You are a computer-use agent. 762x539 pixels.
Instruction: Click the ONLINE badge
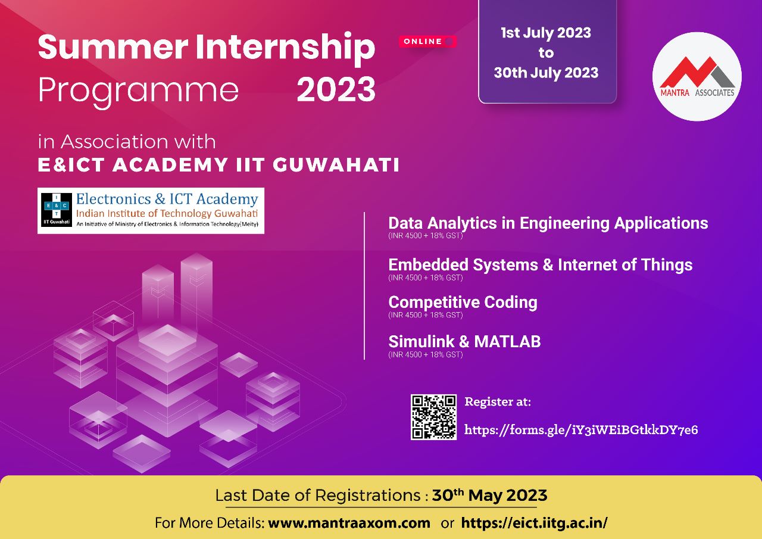coord(427,42)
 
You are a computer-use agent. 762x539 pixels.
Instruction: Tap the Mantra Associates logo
coord(697,77)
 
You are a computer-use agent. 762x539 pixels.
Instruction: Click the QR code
coord(433,417)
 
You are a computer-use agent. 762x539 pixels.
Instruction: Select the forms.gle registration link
coord(581,430)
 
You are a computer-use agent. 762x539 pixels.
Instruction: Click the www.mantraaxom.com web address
coord(349,523)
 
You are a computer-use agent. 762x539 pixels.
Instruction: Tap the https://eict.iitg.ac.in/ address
coord(534,523)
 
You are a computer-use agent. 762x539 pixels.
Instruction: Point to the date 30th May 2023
coord(489,496)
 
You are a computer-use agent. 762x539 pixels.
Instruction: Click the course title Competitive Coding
coord(463,302)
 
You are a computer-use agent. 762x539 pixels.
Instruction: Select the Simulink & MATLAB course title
coord(464,341)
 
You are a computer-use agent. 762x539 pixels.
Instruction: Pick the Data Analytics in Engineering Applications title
coord(548,223)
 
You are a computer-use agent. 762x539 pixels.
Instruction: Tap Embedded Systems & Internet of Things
coord(540,265)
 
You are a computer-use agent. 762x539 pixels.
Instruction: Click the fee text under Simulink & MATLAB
coord(425,354)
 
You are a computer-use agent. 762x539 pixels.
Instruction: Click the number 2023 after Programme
coord(336,89)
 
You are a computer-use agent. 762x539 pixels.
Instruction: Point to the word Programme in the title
coord(138,91)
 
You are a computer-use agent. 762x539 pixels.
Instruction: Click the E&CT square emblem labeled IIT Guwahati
coord(57,210)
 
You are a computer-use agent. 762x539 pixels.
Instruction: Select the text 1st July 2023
coord(546,33)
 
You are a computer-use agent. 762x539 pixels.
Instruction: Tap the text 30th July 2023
coord(546,73)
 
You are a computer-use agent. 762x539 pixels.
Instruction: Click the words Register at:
coord(498,402)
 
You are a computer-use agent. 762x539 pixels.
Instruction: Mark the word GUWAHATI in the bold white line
coord(336,165)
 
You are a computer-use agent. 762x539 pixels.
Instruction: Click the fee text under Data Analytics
coord(425,235)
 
